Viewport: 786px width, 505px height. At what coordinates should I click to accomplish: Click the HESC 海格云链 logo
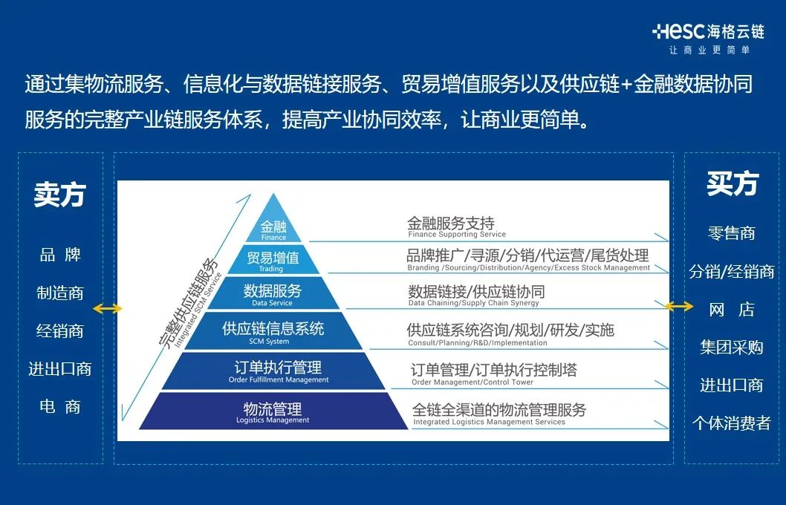click(x=707, y=31)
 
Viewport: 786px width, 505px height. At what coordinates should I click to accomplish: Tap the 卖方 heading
click(x=59, y=194)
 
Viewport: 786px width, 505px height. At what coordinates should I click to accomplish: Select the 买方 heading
click(x=732, y=183)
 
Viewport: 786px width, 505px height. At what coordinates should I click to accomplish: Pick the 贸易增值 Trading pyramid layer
click(x=273, y=261)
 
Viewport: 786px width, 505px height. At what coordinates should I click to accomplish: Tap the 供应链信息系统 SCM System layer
click(x=273, y=332)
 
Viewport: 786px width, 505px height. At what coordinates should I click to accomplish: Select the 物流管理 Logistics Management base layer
click(x=273, y=412)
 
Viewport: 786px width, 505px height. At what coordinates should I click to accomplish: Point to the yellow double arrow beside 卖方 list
click(x=108, y=309)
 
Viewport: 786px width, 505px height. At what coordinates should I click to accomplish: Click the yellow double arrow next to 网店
click(x=679, y=306)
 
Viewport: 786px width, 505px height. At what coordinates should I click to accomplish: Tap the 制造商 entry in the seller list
click(x=60, y=293)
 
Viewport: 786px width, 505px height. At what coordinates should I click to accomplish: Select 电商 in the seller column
click(x=60, y=407)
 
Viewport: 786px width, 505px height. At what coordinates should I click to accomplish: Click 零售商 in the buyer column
click(x=731, y=233)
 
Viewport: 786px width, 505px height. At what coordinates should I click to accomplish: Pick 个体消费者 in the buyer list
click(x=731, y=424)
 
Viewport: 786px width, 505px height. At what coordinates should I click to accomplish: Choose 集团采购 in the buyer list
click(x=731, y=348)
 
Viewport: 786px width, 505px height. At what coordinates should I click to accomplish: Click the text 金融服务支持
click(x=450, y=224)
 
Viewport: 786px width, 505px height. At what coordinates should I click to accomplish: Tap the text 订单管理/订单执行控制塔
click(x=493, y=370)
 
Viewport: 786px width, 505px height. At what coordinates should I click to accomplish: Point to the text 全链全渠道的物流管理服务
click(x=499, y=410)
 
